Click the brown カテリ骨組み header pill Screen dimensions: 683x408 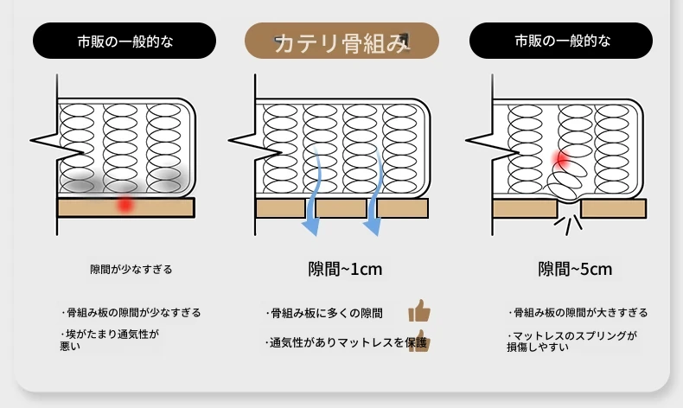(341, 41)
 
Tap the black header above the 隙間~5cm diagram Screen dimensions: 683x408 (560, 41)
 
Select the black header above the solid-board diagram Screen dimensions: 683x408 (124, 41)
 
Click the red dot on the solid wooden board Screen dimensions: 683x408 (125, 204)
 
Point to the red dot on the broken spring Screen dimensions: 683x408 (561, 159)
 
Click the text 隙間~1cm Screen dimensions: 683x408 (345, 269)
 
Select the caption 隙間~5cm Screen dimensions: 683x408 (575, 269)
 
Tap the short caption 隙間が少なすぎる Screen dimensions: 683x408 (131, 270)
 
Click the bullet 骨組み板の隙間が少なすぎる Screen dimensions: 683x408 (131, 313)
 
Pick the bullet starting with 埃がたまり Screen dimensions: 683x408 (109, 340)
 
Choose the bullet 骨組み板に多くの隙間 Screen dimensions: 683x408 (324, 313)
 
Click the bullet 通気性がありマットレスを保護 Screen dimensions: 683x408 (346, 342)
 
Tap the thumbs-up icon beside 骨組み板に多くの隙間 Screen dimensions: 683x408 (419, 311)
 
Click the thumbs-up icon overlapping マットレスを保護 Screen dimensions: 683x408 (419, 341)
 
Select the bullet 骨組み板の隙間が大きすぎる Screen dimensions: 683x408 (578, 313)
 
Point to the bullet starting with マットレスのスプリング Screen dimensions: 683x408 (572, 341)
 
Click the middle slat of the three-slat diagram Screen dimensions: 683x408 (341, 208)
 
